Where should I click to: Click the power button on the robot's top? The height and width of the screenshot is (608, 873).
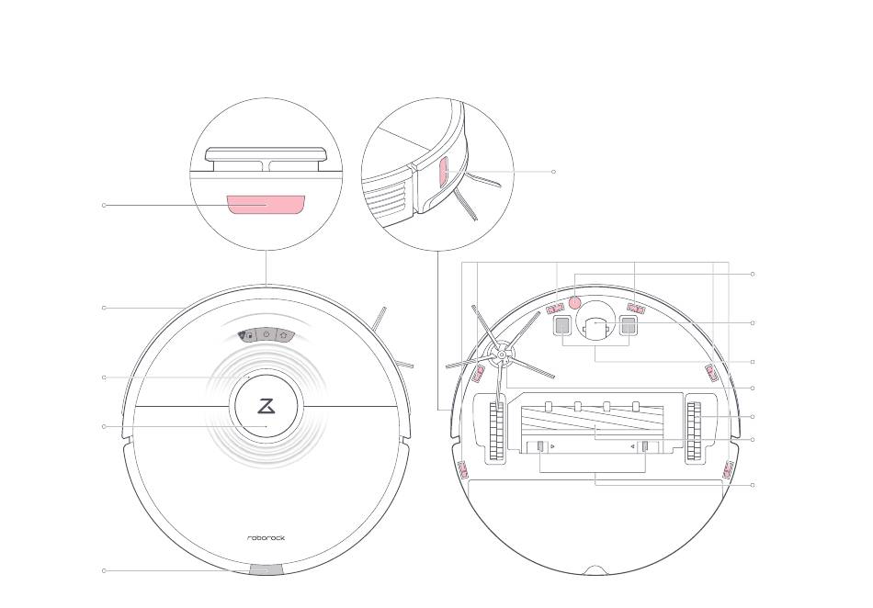click(x=266, y=335)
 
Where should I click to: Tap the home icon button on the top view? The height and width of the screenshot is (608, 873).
click(x=284, y=335)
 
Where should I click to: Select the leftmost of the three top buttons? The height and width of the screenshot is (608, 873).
click(x=248, y=335)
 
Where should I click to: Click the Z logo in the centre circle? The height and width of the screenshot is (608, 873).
click(x=266, y=405)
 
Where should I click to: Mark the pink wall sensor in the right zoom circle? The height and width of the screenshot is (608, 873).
click(x=442, y=172)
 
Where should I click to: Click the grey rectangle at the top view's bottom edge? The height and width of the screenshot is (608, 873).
click(x=266, y=569)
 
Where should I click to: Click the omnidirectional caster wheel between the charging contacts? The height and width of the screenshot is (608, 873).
click(x=595, y=324)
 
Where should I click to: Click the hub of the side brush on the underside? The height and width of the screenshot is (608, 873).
click(x=502, y=352)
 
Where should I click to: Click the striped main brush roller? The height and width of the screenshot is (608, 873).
click(x=595, y=427)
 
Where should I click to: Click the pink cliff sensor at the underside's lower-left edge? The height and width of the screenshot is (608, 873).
click(x=463, y=471)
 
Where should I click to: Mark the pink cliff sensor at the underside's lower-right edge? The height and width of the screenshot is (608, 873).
click(x=728, y=470)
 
